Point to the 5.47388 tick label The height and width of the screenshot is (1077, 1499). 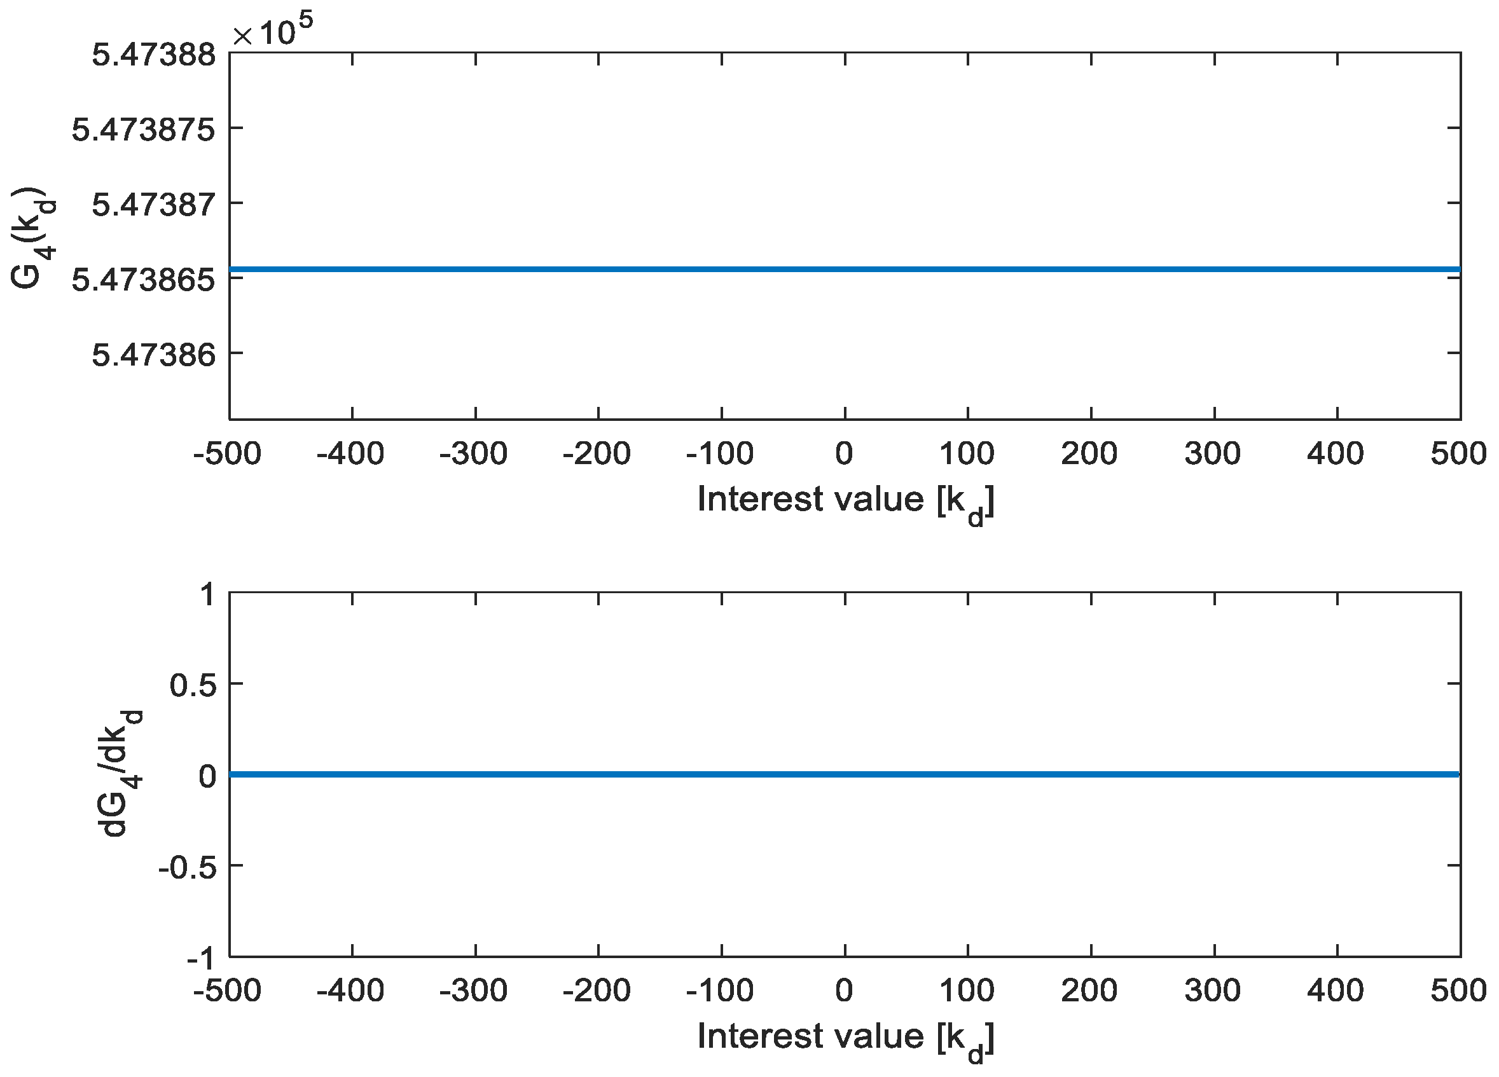[153, 54]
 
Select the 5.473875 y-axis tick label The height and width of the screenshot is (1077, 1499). [144, 130]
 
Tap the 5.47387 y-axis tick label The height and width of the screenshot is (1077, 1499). [153, 204]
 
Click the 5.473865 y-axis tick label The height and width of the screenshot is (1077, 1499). [144, 280]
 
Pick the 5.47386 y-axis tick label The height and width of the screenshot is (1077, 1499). [153, 355]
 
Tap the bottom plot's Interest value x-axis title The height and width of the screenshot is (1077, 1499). [845, 1038]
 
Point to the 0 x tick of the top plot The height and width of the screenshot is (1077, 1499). [844, 454]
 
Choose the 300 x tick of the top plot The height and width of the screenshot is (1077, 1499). [1212, 454]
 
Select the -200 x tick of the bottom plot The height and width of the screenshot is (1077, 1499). [596, 991]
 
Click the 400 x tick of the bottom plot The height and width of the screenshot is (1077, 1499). [1335, 991]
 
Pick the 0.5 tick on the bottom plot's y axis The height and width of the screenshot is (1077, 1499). [193, 685]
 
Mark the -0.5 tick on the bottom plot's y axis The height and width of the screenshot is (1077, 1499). [187, 867]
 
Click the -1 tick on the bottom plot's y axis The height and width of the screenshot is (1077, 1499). [201, 957]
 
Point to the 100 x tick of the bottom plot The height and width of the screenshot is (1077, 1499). [966, 991]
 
